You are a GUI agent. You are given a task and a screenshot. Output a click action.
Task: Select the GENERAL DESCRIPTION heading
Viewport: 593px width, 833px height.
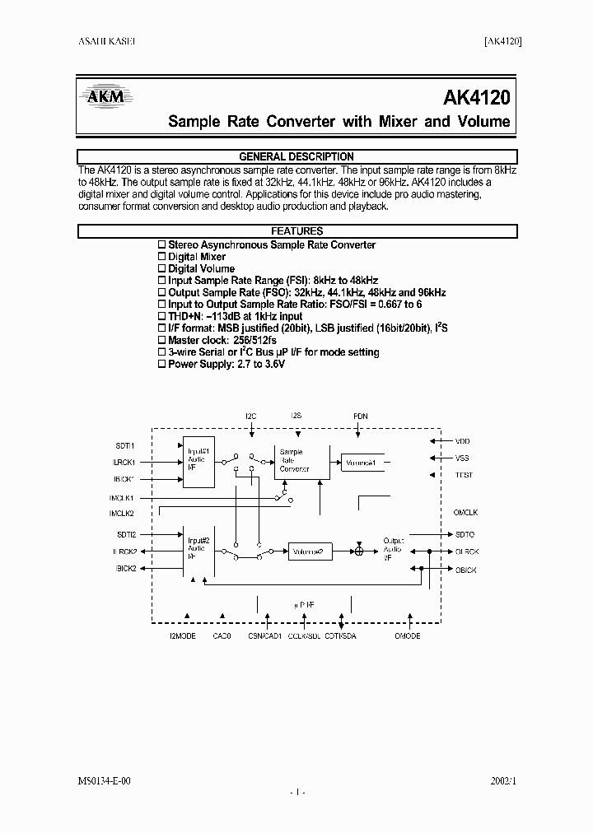[x=296, y=156]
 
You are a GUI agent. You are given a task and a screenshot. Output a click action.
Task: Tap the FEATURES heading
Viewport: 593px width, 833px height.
[x=296, y=231]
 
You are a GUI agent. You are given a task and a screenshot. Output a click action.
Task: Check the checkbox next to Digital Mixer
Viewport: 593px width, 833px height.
[x=161, y=257]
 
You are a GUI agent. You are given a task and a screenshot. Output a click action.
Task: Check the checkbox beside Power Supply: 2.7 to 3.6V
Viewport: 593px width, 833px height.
[x=161, y=364]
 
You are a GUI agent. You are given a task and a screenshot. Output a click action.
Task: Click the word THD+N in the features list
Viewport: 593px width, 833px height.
[x=185, y=316]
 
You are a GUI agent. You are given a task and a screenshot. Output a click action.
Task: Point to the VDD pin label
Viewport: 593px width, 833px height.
[x=462, y=441]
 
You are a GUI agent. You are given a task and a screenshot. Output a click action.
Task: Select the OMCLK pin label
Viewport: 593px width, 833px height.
[x=465, y=513]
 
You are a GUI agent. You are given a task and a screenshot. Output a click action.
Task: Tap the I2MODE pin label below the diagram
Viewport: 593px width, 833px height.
[x=183, y=636]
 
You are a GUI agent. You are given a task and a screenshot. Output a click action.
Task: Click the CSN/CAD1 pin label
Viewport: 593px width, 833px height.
[x=264, y=636]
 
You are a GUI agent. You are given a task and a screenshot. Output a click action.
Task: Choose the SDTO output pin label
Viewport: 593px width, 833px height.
[x=465, y=534]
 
